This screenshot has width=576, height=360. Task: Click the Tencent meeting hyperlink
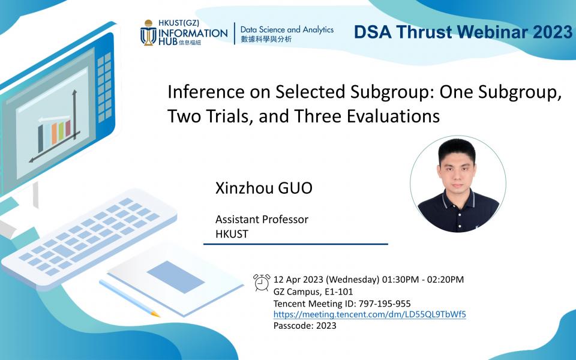point(370,314)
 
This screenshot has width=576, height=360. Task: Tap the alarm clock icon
point(262,283)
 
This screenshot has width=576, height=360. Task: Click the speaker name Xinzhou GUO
point(264,188)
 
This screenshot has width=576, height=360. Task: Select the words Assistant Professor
point(262,220)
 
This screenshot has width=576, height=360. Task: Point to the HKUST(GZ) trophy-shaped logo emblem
point(148,32)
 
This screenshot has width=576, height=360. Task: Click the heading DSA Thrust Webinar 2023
point(463,32)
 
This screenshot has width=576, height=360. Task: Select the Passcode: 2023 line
point(305,326)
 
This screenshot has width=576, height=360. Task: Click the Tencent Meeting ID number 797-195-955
point(385,304)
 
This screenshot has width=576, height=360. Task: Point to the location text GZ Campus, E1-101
point(313,292)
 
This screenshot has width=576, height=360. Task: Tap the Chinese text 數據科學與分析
point(266,39)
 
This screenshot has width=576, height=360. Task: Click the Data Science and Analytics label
point(287,29)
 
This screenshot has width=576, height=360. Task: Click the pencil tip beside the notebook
point(156,314)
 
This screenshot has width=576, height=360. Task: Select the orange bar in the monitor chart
point(55,134)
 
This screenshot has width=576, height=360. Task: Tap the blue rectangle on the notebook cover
point(176,277)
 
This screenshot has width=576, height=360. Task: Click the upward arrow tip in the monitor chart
point(74,91)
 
